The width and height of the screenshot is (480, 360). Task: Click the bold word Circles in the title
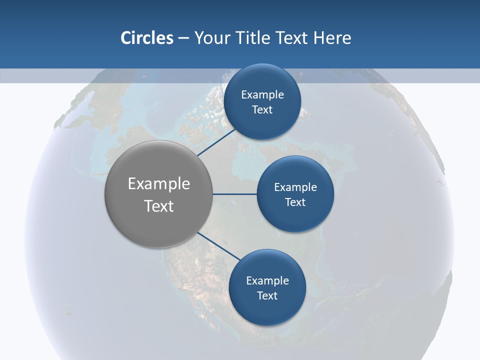click(147, 38)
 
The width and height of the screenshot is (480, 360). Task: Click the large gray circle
click(158, 220)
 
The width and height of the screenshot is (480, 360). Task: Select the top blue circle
click(262, 80)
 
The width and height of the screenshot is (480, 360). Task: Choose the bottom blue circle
click(267, 310)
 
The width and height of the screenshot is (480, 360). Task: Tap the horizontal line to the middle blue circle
click(235, 194)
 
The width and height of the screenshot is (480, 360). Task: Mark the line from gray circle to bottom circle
click(219, 245)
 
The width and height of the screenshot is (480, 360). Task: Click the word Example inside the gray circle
click(159, 184)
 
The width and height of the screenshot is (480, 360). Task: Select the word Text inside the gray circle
click(159, 206)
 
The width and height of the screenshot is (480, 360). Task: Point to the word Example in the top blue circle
click(262, 95)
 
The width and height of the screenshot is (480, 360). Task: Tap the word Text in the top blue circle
click(262, 110)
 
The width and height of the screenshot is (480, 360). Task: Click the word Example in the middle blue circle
click(295, 187)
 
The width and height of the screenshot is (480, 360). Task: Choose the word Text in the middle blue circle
click(295, 202)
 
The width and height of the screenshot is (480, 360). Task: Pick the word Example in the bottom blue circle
click(267, 281)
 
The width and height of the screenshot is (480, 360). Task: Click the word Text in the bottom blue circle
click(267, 295)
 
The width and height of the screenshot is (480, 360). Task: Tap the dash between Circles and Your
click(183, 38)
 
